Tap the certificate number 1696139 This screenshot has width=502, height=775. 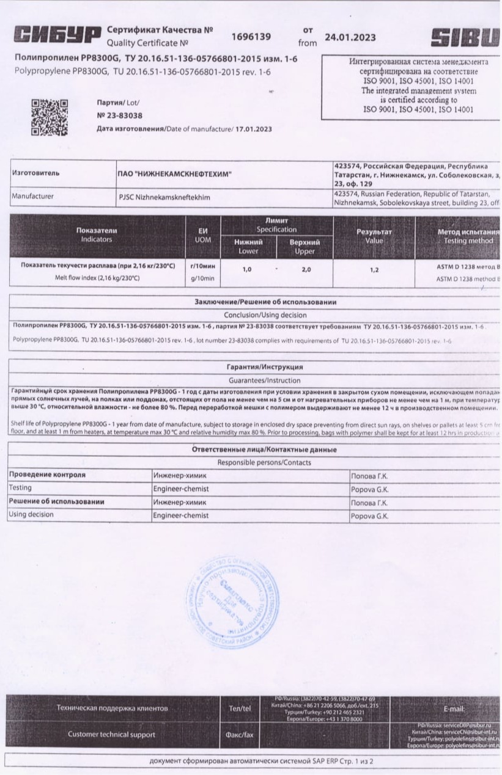pyautogui.click(x=251, y=37)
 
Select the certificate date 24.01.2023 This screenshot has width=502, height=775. pyautogui.click(x=351, y=37)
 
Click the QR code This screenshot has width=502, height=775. pyautogui.click(x=50, y=118)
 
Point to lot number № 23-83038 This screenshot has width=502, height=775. pyautogui.click(x=120, y=115)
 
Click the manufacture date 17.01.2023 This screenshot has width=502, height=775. pyautogui.click(x=254, y=129)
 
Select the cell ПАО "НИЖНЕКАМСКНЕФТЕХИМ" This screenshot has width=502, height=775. pyautogui.click(x=175, y=174)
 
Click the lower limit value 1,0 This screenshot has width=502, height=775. pyautogui.click(x=247, y=269)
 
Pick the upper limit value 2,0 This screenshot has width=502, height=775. pyautogui.click(x=306, y=269)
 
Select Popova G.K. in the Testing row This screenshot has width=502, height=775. pyautogui.click(x=369, y=490)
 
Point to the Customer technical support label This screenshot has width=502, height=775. pyautogui.click(x=111, y=735)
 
